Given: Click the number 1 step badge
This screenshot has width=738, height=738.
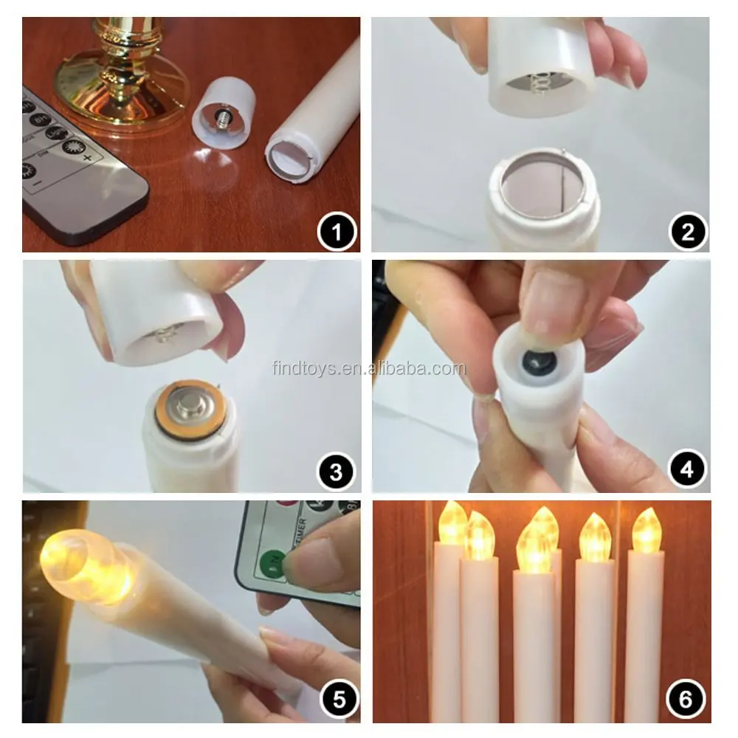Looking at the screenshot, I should pyautogui.click(x=337, y=233).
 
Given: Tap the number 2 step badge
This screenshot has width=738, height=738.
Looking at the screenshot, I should pyautogui.click(x=688, y=233).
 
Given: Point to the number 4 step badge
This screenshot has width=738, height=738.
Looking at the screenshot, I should pyautogui.click(x=688, y=470).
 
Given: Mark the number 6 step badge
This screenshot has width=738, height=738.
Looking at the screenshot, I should pyautogui.click(x=686, y=698).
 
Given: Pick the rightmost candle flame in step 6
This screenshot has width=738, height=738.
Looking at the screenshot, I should pyautogui.click(x=646, y=531).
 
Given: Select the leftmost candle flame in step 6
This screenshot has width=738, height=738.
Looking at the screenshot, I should pyautogui.click(x=452, y=524).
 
